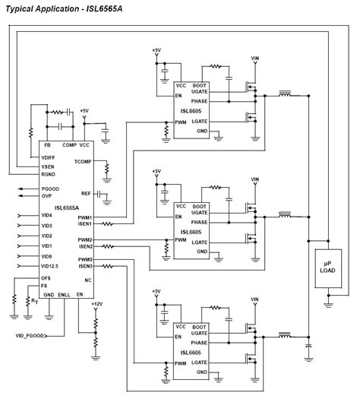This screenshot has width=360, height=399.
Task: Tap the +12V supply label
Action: (96, 304)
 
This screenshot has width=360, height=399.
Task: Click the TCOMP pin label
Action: (83, 162)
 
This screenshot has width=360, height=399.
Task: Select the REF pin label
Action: (87, 193)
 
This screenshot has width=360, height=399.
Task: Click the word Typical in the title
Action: (21, 6)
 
